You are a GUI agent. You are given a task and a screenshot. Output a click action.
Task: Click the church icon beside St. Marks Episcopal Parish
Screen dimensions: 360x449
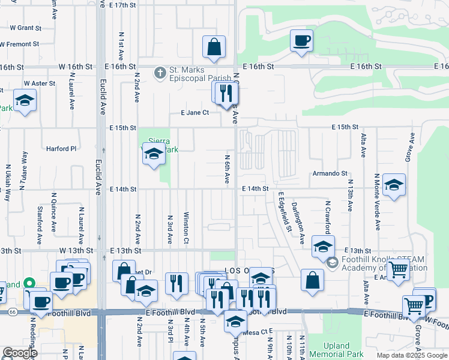click(x=159, y=73)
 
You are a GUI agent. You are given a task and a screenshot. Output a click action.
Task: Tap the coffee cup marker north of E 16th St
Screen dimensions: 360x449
click(x=301, y=40)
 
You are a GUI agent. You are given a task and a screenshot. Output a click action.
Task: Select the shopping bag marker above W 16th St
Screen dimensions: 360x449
click(x=214, y=47)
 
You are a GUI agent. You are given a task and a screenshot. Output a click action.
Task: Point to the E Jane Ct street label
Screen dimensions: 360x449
click(x=195, y=112)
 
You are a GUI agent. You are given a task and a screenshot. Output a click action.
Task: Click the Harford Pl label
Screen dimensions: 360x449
click(x=62, y=148)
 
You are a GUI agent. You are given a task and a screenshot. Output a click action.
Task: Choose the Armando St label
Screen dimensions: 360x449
click(x=330, y=173)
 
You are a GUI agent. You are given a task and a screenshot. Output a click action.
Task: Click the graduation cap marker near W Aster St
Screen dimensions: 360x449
click(x=25, y=100)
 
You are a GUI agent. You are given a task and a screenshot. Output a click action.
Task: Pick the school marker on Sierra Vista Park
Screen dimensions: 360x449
click(x=154, y=155)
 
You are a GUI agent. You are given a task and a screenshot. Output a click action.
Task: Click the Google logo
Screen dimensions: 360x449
click(x=20, y=352)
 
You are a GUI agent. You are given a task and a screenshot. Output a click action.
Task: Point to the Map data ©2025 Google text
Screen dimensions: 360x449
click(x=411, y=355)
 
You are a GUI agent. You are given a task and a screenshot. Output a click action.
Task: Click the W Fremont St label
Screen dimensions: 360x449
click(x=19, y=44)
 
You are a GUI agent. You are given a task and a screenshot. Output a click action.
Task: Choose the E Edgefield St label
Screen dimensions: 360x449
click(x=285, y=211)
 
